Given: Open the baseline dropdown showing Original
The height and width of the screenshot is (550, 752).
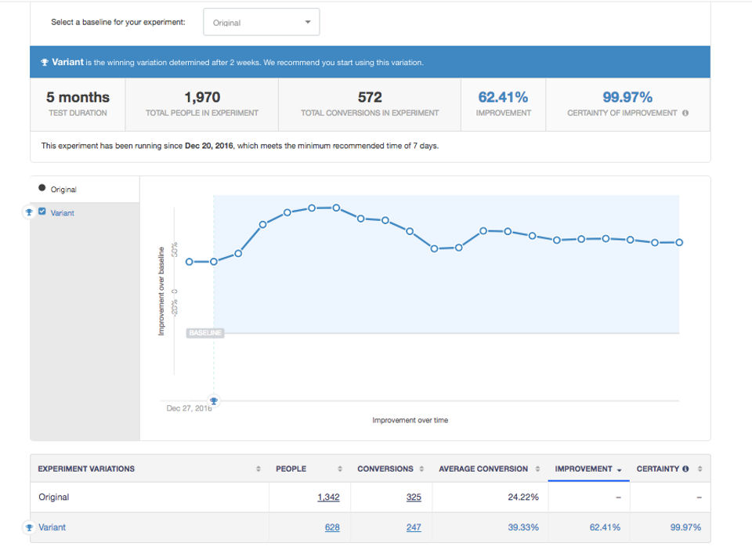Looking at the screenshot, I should [261, 22].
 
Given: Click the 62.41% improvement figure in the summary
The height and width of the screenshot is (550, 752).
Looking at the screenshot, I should [503, 97].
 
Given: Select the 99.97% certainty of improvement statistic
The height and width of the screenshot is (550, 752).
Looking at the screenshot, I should [627, 97].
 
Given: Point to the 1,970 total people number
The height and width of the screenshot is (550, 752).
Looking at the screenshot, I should [202, 97].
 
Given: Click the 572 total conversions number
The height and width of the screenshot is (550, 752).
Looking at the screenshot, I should [370, 97].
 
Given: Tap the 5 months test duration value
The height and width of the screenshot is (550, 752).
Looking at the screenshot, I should [78, 97].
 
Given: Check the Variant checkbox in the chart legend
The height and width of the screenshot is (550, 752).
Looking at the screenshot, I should [42, 212].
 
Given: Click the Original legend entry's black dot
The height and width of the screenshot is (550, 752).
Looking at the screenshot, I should [42, 189].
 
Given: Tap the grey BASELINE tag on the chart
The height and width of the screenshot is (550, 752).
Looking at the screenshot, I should [205, 333].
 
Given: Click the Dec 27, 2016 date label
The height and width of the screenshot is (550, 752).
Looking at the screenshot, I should [188, 408].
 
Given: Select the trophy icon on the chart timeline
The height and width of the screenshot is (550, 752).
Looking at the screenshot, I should [214, 401].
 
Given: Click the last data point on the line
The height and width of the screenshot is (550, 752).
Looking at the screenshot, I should [679, 243].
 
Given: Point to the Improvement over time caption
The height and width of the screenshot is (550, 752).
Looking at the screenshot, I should [410, 421].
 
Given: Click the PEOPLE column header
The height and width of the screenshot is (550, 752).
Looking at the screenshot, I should [291, 469].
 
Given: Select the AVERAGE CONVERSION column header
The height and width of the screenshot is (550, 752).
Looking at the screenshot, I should [483, 469].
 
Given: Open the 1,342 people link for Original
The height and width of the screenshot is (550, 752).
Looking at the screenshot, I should [328, 498].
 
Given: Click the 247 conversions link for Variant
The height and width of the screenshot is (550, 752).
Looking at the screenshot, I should [414, 527].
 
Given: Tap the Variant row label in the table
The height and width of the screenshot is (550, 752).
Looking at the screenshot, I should [52, 527].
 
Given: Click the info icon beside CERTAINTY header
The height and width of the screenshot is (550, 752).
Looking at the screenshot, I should [685, 469].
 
